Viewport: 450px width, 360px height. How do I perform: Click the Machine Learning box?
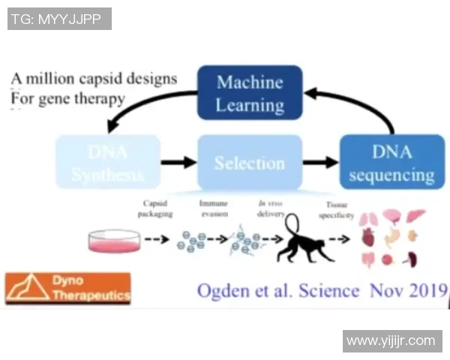[250, 92]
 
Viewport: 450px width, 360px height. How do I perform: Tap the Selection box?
[250, 163]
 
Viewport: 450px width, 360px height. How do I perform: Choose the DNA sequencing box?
[391, 163]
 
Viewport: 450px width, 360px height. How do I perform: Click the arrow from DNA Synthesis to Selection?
[178, 162]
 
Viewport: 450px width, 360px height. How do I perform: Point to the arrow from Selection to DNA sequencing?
[320, 162]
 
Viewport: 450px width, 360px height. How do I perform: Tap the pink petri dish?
[114, 241]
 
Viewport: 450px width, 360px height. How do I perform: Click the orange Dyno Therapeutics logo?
[67, 288]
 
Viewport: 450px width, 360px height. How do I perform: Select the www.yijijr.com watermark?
[391, 341]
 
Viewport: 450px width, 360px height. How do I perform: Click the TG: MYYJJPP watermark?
[59, 19]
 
